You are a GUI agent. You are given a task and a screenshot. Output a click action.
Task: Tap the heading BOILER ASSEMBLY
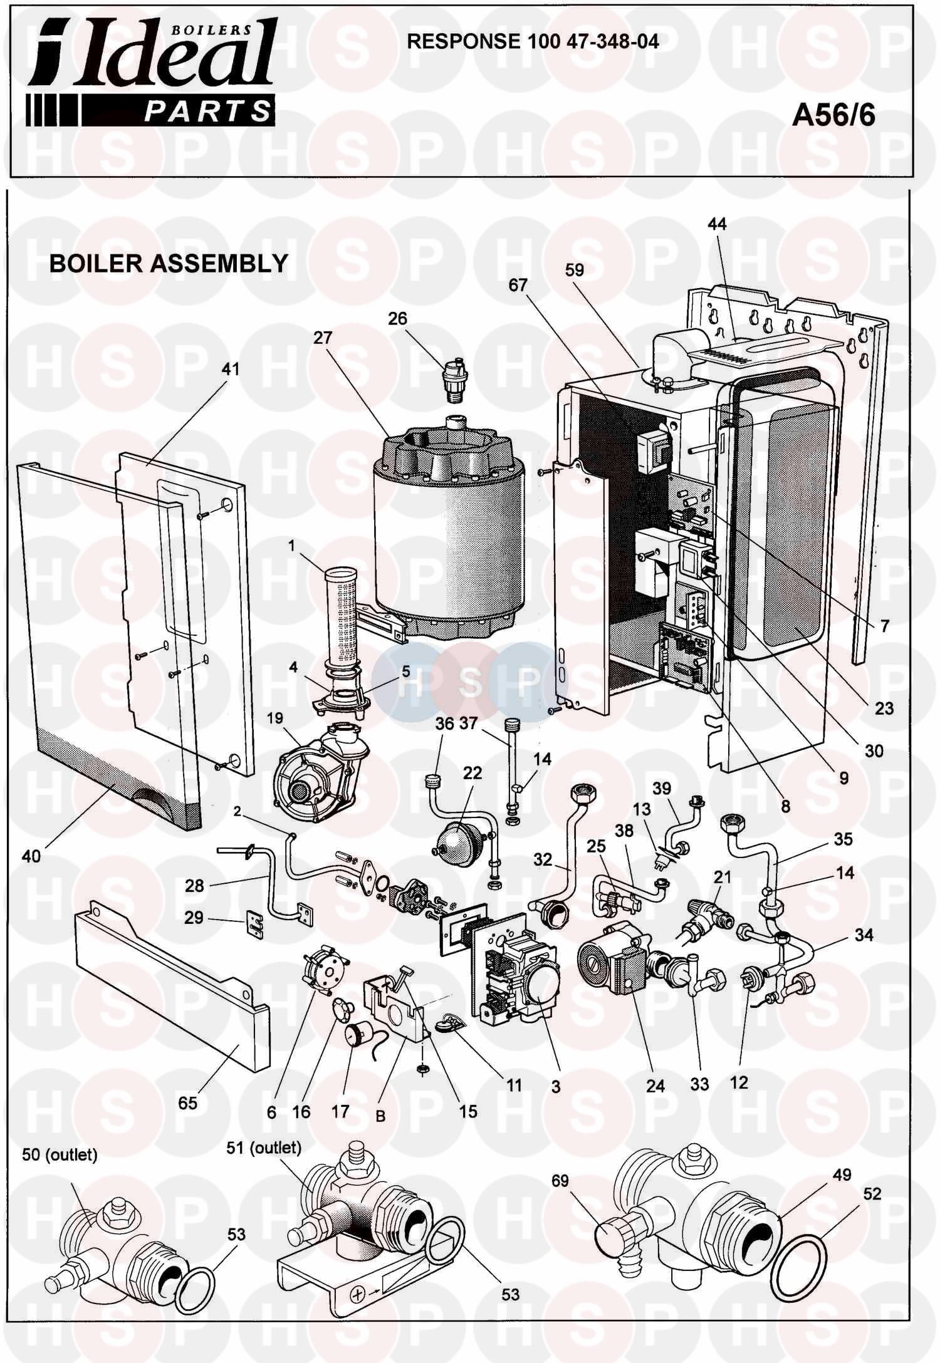click(169, 264)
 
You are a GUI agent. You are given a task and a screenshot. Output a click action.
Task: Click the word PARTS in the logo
click(207, 111)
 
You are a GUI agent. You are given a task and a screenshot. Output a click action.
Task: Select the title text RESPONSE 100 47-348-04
click(533, 41)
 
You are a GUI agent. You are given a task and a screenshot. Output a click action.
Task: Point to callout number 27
click(323, 339)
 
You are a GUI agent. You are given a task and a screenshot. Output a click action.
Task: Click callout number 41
click(230, 370)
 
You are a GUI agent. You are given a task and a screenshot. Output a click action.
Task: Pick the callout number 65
click(188, 1103)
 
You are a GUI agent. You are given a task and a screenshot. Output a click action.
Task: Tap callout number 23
click(884, 708)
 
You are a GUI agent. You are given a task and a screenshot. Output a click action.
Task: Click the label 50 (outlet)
click(60, 1155)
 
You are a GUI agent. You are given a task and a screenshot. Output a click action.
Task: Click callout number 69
click(560, 1181)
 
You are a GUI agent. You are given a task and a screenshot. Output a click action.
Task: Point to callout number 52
click(872, 1194)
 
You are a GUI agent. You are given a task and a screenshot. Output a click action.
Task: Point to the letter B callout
click(380, 1116)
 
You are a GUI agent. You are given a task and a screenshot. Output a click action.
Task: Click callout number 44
click(717, 224)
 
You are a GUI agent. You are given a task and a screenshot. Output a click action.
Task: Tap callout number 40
click(31, 855)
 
